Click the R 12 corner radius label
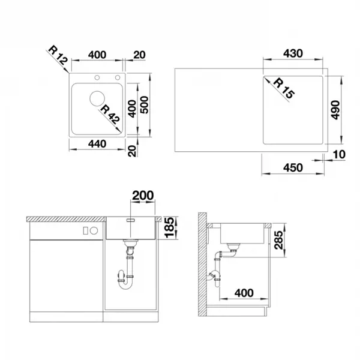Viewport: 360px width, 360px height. [58, 55]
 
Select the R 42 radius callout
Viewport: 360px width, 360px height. [110, 115]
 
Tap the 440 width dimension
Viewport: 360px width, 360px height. [97, 144]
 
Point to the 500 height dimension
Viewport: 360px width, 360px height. [145, 105]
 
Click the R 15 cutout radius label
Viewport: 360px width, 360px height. [284, 88]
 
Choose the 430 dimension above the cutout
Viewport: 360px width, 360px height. [293, 53]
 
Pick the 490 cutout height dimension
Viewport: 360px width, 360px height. [335, 110]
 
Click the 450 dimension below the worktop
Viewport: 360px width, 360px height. [293, 167]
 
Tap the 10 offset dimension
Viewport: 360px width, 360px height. [339, 155]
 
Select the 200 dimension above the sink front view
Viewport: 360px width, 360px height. [143, 196]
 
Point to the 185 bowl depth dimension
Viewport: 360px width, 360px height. [169, 227]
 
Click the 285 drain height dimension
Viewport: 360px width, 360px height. [278, 240]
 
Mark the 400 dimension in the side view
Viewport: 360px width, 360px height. [244, 293]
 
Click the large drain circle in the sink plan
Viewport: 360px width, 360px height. [97, 98]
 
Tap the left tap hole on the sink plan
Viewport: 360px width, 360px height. [97, 77]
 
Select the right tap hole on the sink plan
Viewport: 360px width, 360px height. [118, 77]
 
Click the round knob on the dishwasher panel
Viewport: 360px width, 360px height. [94, 230]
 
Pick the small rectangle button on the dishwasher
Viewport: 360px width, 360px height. [85, 230]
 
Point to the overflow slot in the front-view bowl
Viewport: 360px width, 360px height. [130, 220]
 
